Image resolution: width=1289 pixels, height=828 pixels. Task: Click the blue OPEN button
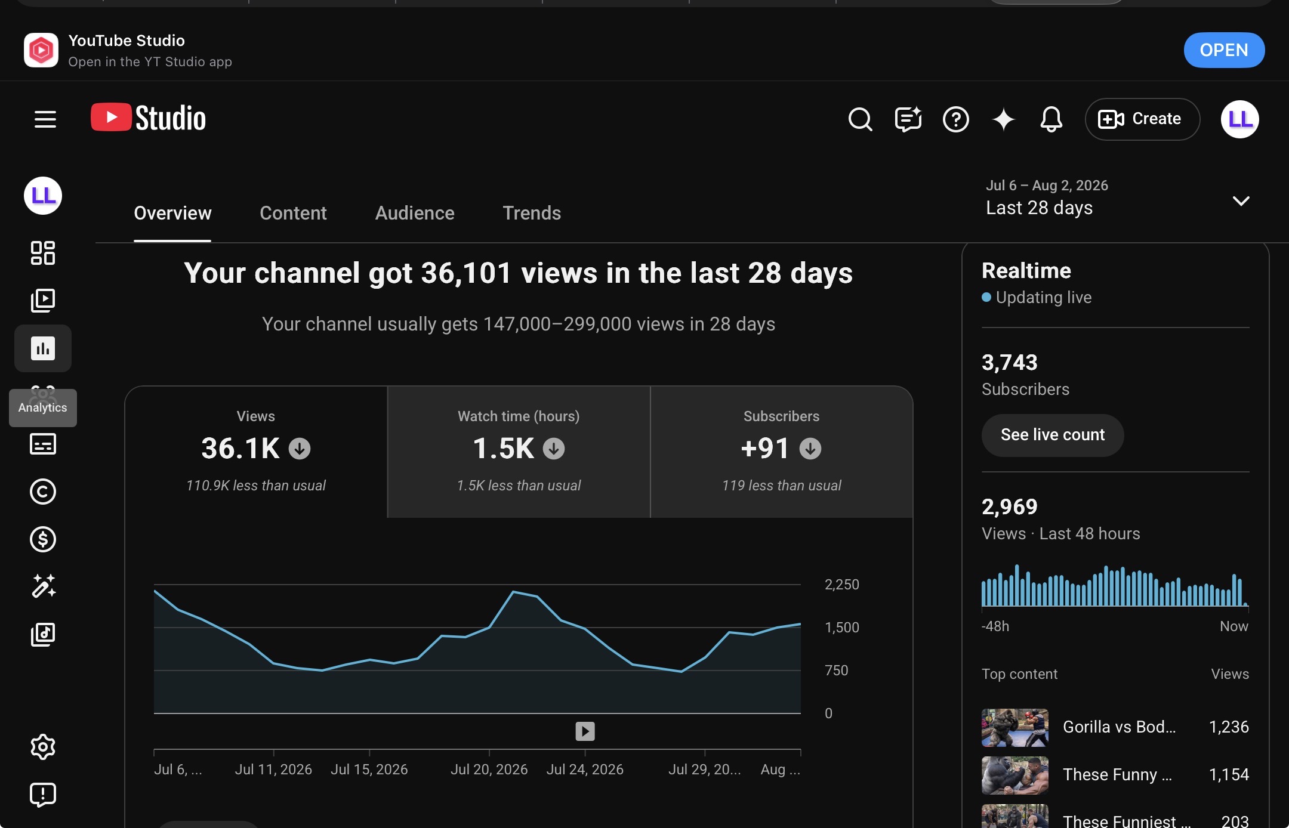tap(1224, 50)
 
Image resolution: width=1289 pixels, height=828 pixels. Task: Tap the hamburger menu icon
tap(45, 119)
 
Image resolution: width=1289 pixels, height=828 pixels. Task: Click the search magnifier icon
tap(860, 119)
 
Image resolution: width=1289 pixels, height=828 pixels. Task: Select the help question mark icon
tap(955, 119)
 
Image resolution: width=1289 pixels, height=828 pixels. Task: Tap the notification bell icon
tap(1051, 119)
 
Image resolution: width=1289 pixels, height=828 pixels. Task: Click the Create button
tap(1142, 119)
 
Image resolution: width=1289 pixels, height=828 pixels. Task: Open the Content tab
tap(293, 213)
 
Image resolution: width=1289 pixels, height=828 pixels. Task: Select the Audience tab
tap(415, 213)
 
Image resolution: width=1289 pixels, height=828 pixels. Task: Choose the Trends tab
tap(532, 213)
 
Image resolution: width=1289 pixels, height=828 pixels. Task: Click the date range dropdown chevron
tap(1241, 201)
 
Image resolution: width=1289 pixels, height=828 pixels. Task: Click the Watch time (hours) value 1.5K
tap(503, 449)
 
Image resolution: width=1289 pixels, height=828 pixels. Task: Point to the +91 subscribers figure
tap(765, 449)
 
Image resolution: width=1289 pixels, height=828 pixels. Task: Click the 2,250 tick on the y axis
tap(842, 585)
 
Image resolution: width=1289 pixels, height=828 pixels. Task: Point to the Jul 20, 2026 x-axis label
tap(489, 770)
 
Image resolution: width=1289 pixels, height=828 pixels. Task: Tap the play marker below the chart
tap(585, 731)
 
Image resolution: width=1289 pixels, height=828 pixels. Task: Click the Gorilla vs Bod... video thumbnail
tap(1015, 728)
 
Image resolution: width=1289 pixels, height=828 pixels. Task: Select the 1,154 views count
tap(1229, 774)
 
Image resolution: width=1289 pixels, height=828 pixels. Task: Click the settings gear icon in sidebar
tap(43, 747)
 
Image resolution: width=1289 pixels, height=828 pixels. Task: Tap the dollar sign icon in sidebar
tap(43, 539)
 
